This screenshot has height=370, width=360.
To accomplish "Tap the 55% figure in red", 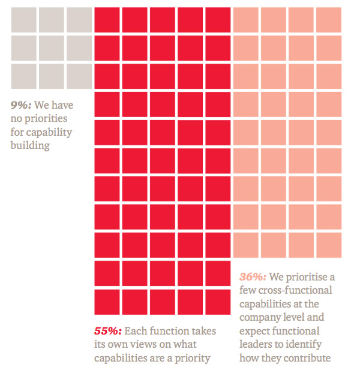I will pyautogui.click(x=108, y=331).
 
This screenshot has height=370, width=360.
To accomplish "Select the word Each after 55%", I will pyautogui.click(x=137, y=332).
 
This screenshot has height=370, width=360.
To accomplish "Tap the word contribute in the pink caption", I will pyautogui.click(x=309, y=359).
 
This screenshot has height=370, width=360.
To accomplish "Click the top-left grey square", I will pyautogui.click(x=23, y=19).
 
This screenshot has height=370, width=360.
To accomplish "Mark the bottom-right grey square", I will pyautogui.click(x=79, y=76).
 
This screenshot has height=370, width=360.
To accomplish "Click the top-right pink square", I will pyautogui.click(x=329, y=19).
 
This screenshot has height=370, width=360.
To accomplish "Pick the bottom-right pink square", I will pyautogui.click(x=329, y=244).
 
